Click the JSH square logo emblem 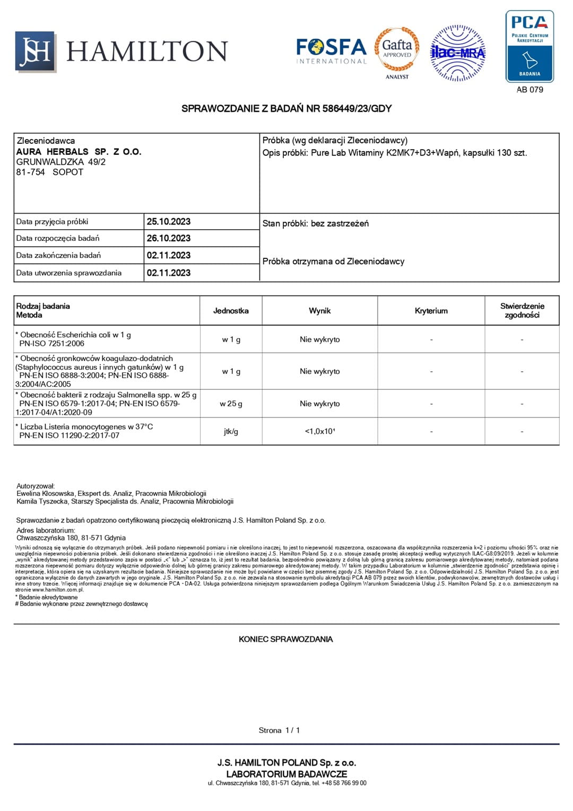pos(36,51)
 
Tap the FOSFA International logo pos(331,51)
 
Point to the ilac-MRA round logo pos(457,53)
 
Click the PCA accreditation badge pos(529,47)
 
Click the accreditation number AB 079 pos(529,90)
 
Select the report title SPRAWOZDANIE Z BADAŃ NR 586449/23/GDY pos(286,109)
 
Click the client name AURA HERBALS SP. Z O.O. pos(79,152)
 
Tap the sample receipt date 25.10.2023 pos(169,222)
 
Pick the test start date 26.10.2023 pos(169,238)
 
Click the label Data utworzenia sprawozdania pos(69,273)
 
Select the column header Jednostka pos(231,311)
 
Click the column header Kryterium pos(431,311)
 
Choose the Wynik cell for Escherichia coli pos(319,339)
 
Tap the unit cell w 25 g pos(231,404)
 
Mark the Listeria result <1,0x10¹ pos(319,431)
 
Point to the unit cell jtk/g pos(231,431)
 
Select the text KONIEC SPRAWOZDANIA pos(285,639)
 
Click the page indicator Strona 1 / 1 pos(279,730)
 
